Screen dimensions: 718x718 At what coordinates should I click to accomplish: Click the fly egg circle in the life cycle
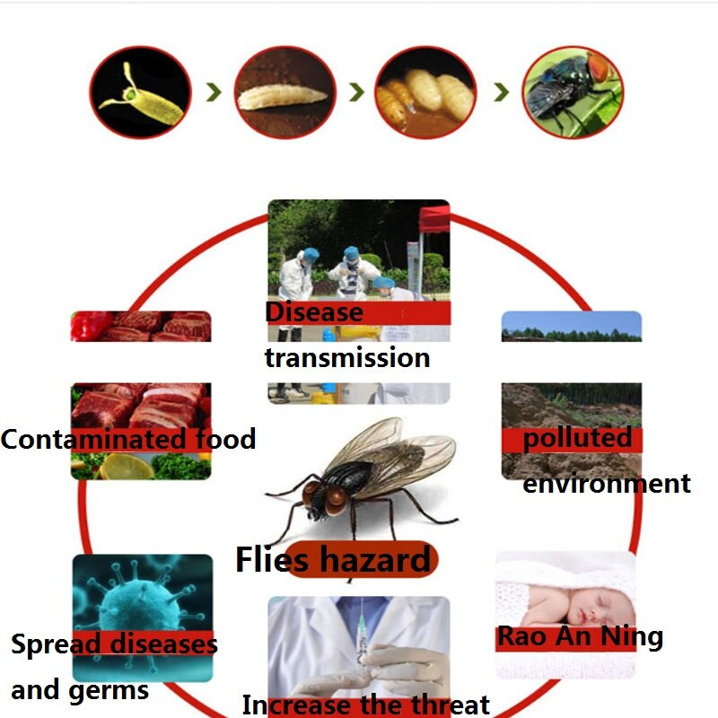coord(140,92)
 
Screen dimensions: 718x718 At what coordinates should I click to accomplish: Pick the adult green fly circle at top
coord(573,92)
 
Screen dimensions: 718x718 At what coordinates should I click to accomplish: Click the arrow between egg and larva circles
coord(214,92)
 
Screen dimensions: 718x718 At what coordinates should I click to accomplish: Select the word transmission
coord(347,357)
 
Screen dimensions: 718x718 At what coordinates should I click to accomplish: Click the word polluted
coord(577,439)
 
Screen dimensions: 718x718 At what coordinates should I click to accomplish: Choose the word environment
coord(607,484)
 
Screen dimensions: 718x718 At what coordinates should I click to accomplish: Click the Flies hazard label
coord(333,560)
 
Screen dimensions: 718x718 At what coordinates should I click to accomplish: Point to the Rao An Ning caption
coord(580,637)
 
